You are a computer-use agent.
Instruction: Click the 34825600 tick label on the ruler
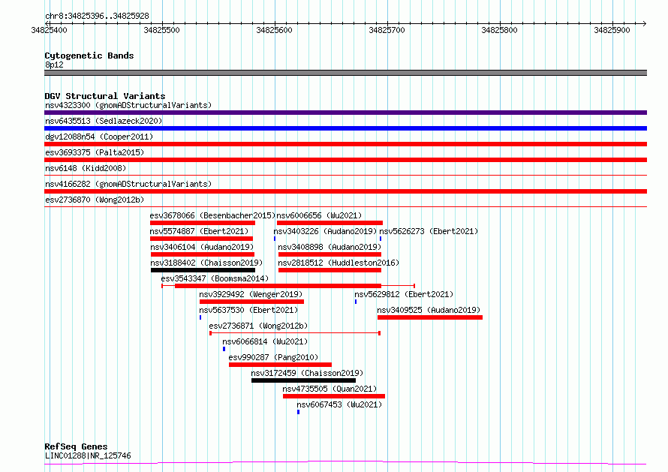274,30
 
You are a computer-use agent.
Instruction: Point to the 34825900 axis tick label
612,30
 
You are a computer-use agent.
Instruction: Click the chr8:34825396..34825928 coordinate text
97,17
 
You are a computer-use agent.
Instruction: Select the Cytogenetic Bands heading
89,56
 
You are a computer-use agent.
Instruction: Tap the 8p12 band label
54,65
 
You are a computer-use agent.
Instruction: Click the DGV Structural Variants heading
105,96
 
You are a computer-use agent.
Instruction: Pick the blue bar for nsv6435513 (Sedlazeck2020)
345,128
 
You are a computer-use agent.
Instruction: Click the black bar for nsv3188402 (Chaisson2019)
203,270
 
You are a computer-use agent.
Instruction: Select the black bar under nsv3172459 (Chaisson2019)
303,380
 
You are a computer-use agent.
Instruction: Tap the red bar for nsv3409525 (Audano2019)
430,317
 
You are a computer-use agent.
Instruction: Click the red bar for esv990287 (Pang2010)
280,365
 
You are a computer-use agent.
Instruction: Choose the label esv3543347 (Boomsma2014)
215,278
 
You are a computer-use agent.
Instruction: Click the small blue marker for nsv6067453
298,412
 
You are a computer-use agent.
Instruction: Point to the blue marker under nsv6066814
224,349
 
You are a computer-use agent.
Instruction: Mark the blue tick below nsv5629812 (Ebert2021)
356,302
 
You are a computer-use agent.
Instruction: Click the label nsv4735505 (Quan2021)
329,389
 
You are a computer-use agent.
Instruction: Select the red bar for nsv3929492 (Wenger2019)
251,302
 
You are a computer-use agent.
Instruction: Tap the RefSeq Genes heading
76,446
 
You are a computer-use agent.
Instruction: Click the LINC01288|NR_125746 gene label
88,455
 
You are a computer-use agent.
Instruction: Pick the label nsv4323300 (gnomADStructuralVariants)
128,105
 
